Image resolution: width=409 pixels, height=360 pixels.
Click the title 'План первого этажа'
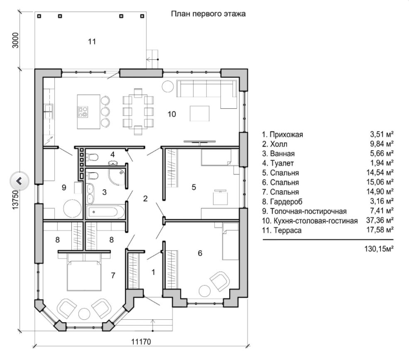point(208,14)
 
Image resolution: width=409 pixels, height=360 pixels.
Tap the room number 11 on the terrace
point(92,41)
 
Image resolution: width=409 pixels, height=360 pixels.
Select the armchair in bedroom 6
point(219,280)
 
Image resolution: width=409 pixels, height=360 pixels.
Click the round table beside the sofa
point(168,86)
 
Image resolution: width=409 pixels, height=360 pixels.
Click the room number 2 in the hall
point(145,198)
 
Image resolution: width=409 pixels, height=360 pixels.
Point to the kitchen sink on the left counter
point(49,109)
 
